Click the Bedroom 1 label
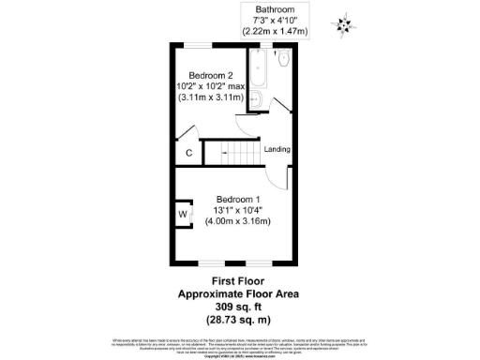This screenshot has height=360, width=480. pos(237,199)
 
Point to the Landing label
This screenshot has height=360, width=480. pos(277,150)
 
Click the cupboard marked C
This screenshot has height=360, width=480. pos(187,152)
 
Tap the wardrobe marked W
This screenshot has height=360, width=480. pos(183,215)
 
